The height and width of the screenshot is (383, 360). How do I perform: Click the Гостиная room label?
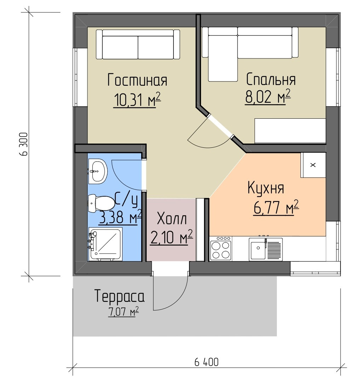tap(137, 80)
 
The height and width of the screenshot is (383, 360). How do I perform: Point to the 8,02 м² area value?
tap(268, 97)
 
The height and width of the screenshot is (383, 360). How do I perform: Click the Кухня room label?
tap(266, 188)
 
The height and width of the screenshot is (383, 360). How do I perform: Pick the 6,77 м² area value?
tap(276, 208)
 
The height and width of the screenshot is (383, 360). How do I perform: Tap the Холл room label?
tap(172, 219)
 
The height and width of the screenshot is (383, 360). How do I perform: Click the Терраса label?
tap(119, 296)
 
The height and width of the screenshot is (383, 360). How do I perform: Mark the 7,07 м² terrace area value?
tap(124, 312)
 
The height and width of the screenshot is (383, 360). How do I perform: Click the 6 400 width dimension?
tap(206, 362)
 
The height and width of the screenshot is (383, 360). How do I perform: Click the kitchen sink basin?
tap(257, 249)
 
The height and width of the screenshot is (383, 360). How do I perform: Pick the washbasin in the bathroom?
tap(97, 171)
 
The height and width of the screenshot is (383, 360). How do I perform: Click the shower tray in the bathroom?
tap(105, 244)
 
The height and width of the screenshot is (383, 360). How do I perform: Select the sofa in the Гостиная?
tap(138, 44)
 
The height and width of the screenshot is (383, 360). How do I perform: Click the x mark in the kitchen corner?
tap(313, 165)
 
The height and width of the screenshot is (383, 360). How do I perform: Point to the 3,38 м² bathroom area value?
tap(120, 217)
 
